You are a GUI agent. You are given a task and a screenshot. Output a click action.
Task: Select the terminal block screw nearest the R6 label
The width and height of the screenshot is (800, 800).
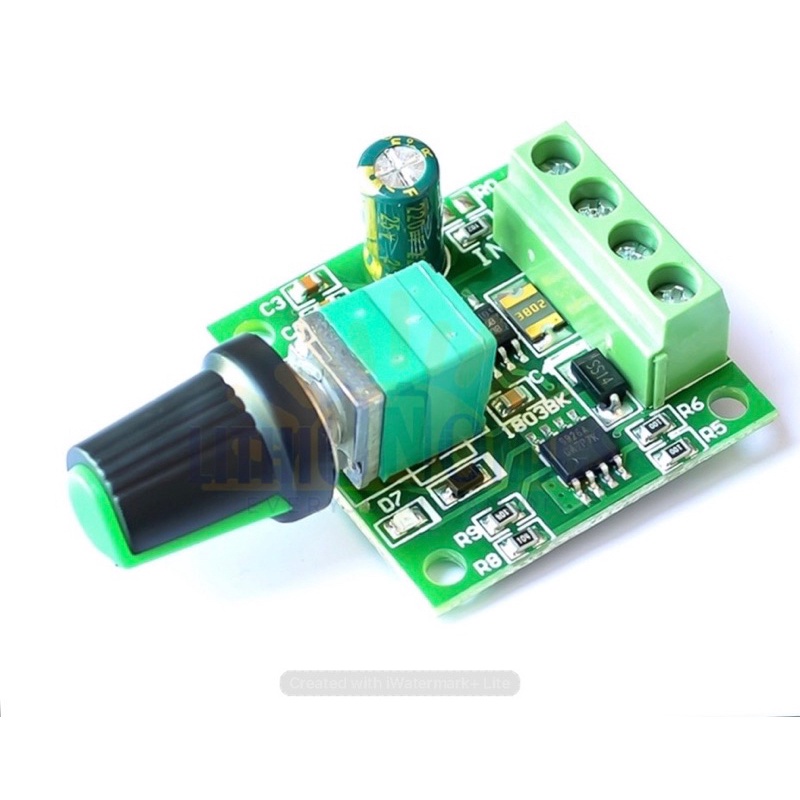click(668, 291)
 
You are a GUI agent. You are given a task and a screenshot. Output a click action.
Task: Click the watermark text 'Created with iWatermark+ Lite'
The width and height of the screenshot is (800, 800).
click(400, 683)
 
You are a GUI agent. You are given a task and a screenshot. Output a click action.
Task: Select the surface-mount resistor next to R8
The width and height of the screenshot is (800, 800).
click(522, 547)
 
